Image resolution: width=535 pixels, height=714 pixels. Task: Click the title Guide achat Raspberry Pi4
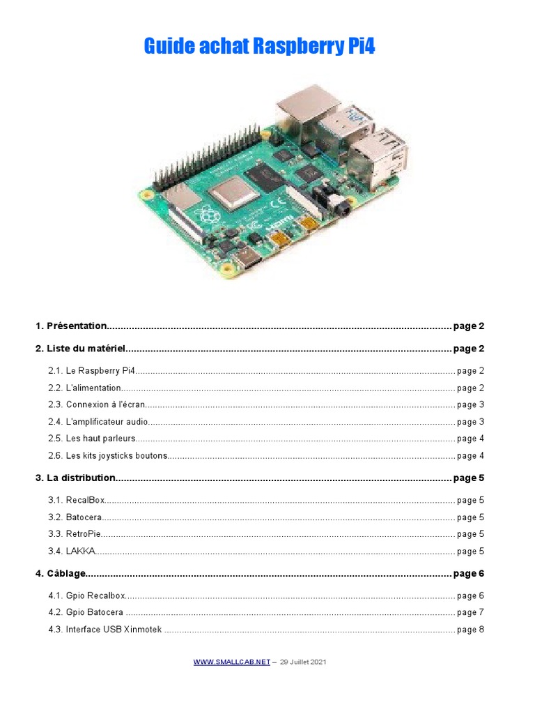(x=259, y=47)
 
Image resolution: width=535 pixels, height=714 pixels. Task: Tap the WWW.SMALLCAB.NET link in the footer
(x=231, y=662)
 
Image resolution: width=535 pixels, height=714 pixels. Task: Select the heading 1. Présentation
(x=71, y=326)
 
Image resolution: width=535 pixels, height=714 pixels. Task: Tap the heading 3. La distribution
(x=75, y=478)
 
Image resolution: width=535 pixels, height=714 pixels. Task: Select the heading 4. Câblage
(x=61, y=573)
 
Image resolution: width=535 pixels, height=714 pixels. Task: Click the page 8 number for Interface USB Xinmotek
(x=470, y=630)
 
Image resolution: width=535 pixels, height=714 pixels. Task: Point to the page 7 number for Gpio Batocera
(x=470, y=612)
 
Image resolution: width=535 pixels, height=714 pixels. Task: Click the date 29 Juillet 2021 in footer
(x=303, y=662)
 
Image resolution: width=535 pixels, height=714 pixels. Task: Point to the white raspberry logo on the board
(x=207, y=215)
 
